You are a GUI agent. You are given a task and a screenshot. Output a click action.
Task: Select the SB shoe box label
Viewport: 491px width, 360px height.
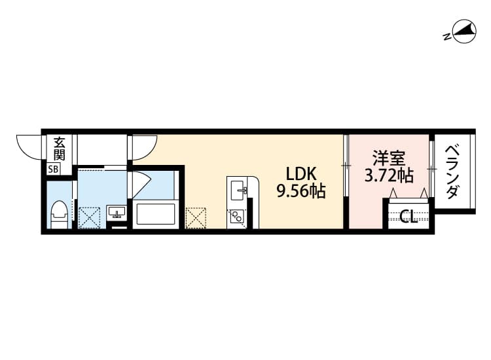53,170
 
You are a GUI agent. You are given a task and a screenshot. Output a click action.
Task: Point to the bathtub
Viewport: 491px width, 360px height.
155,215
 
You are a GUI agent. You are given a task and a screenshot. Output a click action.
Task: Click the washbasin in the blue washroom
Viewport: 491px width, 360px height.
117,212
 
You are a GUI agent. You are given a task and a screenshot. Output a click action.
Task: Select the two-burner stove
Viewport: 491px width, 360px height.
237,215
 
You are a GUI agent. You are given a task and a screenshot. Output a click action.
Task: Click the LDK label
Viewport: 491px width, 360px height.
300,175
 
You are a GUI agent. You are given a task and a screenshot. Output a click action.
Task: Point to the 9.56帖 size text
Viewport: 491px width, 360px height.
300,192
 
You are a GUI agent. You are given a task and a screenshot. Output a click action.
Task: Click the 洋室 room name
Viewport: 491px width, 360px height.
389,158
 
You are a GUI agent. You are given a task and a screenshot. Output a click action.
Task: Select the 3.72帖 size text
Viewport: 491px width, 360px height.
389,175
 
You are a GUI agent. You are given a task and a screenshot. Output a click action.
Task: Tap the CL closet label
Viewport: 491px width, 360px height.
409,216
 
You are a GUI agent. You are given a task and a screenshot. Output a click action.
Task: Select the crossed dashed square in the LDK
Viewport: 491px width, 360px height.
196,217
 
